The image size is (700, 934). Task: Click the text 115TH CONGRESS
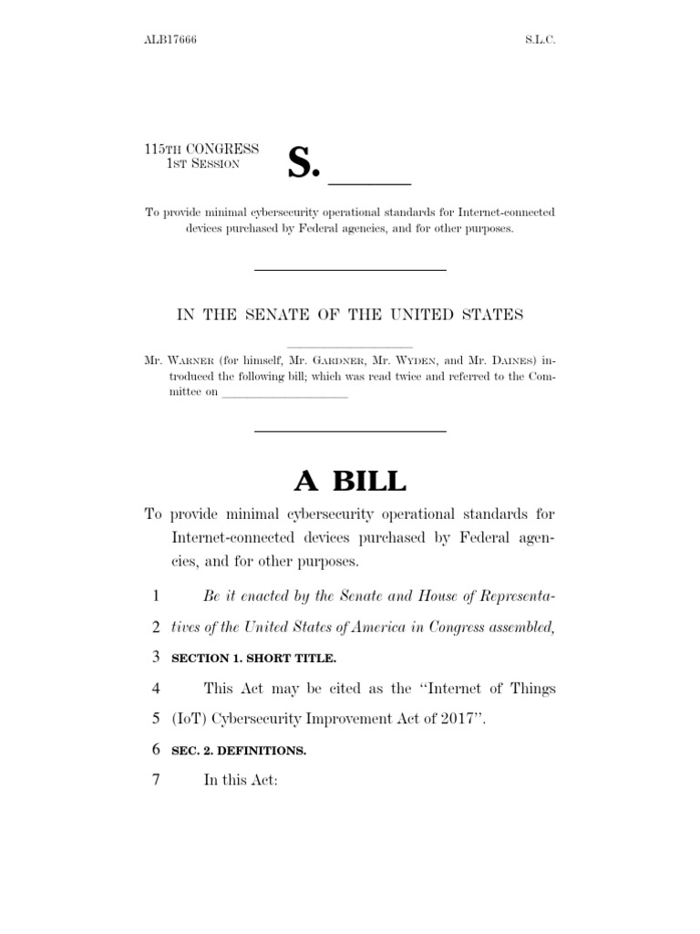click(x=201, y=149)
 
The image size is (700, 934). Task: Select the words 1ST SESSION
click(x=202, y=163)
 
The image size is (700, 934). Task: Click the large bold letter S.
click(x=304, y=163)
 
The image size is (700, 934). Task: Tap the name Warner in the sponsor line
click(x=193, y=361)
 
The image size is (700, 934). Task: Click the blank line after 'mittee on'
click(x=285, y=395)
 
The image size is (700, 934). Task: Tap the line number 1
click(x=156, y=597)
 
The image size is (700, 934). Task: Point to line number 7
click(x=156, y=783)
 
